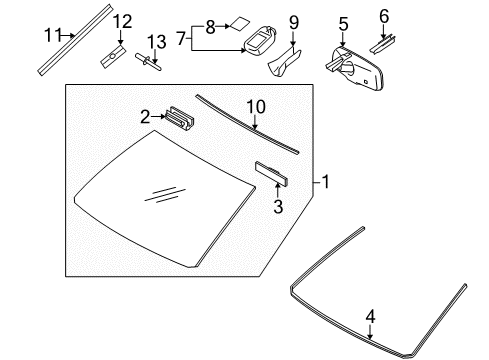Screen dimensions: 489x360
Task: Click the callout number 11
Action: [x=53, y=35]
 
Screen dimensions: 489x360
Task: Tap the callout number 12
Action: [x=122, y=21]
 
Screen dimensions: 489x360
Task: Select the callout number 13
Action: [x=157, y=42]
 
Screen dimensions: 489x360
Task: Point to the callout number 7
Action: [x=181, y=38]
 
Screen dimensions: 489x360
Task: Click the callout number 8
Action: [x=210, y=27]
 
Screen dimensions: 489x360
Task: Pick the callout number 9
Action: [x=294, y=23]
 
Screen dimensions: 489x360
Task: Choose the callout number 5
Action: [x=343, y=25]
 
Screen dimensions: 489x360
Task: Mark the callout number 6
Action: [x=384, y=16]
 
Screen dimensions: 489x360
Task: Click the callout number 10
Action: [x=256, y=107]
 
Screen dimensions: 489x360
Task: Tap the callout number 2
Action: [x=145, y=117]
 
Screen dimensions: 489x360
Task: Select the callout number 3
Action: [x=278, y=206]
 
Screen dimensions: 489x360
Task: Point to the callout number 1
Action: [x=325, y=182]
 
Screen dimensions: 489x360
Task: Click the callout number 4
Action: [x=370, y=316]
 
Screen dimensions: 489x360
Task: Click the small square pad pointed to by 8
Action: [x=240, y=24]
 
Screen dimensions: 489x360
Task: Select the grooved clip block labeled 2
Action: [x=179, y=118]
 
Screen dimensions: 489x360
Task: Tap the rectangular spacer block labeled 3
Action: [x=271, y=173]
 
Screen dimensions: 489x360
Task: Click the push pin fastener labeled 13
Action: [x=148, y=62]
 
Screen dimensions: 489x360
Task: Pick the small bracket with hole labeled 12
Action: [x=113, y=56]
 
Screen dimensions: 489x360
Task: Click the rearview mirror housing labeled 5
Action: [x=355, y=69]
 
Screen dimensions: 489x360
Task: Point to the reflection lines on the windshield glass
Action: [x=165, y=194]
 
